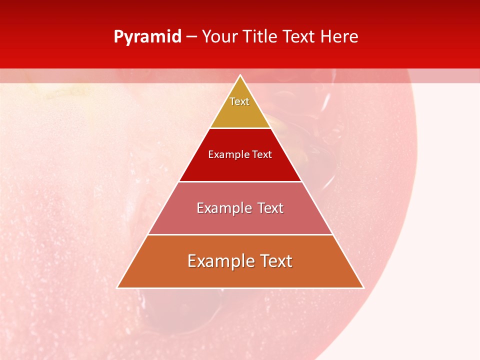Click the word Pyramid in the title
(147, 37)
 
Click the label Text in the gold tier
(239, 101)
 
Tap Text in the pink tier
(270, 208)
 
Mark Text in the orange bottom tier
(276, 261)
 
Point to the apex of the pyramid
(240, 76)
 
